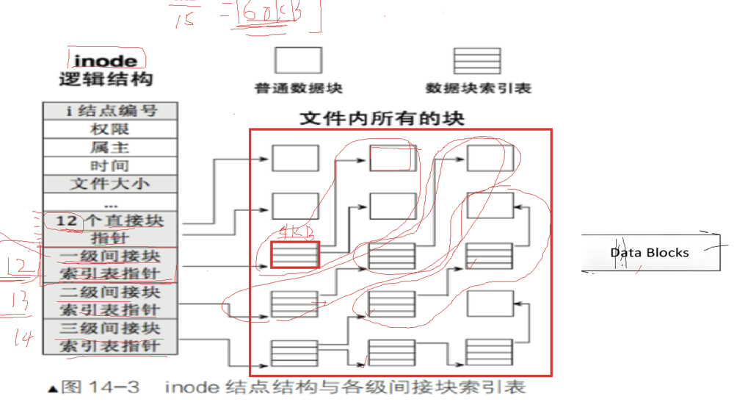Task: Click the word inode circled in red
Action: (105, 60)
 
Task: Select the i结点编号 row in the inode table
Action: (111, 111)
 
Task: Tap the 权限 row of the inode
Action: (111, 129)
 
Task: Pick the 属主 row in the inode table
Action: (111, 147)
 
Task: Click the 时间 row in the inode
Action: (111, 165)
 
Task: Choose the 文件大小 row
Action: (111, 184)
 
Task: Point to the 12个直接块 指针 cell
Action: (111, 229)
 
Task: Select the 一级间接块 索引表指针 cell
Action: (111, 265)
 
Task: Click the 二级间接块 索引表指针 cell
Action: (111, 301)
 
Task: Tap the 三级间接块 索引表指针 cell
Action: (111, 337)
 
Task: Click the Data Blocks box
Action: (650, 252)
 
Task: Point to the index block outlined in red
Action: (295, 254)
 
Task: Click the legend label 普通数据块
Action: (299, 89)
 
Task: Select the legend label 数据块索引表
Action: (478, 89)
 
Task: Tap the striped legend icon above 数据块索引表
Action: (478, 60)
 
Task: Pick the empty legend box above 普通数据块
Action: (298, 60)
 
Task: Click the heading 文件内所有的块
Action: (382, 118)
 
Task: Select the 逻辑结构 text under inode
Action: (106, 79)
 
